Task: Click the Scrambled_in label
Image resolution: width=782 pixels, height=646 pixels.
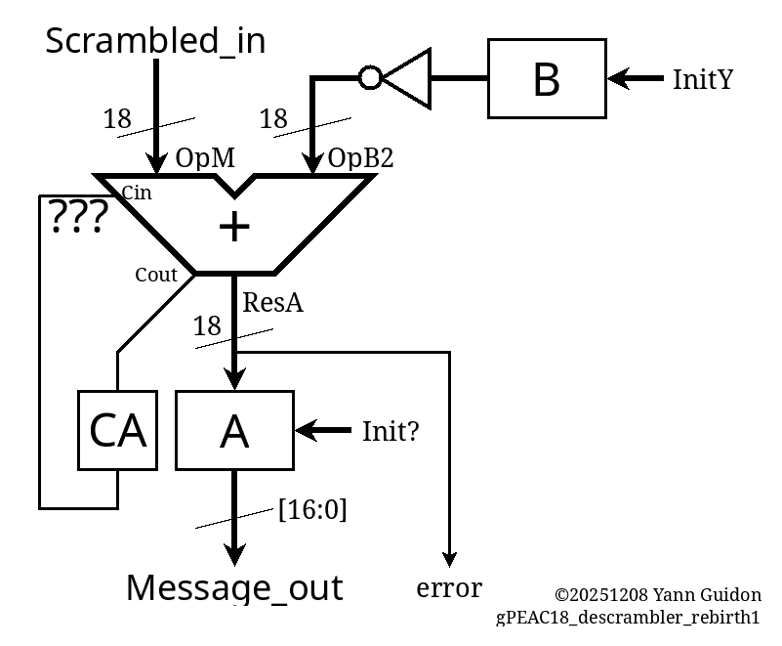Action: click(x=155, y=41)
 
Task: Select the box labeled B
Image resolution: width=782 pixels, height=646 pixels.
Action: click(x=547, y=78)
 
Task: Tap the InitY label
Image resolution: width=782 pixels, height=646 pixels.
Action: click(x=702, y=79)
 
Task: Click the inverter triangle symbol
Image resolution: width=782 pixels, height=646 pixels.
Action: click(x=408, y=77)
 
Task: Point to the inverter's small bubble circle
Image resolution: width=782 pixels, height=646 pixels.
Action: click(x=370, y=77)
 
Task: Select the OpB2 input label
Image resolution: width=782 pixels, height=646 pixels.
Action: click(x=360, y=158)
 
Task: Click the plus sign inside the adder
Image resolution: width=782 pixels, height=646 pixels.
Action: click(x=234, y=227)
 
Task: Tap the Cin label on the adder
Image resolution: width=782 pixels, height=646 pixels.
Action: click(x=137, y=194)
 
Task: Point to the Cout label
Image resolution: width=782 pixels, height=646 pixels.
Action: click(x=156, y=275)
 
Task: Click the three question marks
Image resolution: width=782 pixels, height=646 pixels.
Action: click(x=77, y=218)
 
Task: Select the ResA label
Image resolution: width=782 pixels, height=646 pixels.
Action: click(x=272, y=303)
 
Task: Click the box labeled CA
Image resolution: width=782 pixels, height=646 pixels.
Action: click(x=117, y=430)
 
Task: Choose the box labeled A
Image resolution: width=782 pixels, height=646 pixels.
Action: click(x=234, y=430)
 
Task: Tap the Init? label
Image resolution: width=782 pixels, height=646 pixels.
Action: click(x=391, y=431)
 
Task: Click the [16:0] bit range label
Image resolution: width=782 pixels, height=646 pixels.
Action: click(x=312, y=509)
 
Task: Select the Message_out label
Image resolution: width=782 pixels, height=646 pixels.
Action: click(x=234, y=587)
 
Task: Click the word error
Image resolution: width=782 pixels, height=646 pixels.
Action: click(x=449, y=588)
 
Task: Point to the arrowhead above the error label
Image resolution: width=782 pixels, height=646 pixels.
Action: click(x=449, y=558)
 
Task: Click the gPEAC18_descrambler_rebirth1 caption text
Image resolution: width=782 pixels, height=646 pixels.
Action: click(x=628, y=618)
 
